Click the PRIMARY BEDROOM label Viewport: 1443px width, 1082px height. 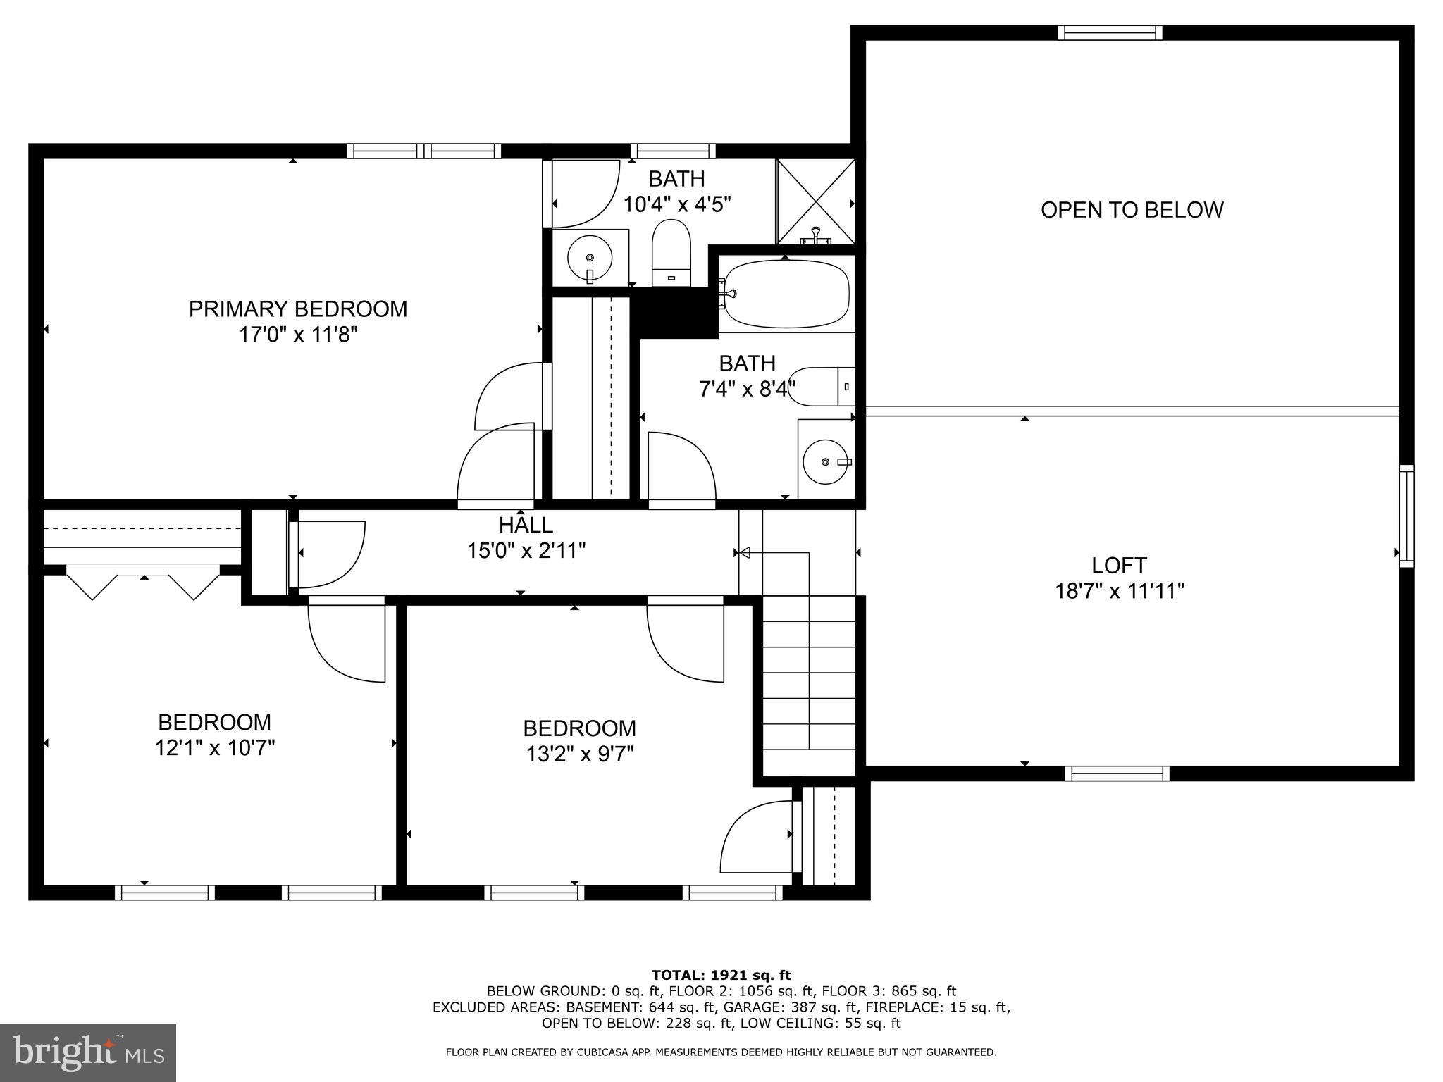[x=297, y=309]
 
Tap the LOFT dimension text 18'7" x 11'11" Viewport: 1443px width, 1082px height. [x=1119, y=591]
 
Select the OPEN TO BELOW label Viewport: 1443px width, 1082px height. [x=1132, y=210]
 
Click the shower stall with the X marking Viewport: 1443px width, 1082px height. [x=816, y=201]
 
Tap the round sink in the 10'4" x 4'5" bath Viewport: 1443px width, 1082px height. [x=589, y=257]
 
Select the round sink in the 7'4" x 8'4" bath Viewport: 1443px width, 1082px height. [x=825, y=461]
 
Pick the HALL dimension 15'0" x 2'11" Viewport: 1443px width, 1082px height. [x=526, y=551]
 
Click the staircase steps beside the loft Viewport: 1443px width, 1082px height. [x=809, y=683]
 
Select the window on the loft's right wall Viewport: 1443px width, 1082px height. [x=1406, y=516]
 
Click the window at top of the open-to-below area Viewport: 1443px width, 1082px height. [x=1110, y=32]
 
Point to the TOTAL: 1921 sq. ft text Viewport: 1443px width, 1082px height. [x=721, y=976]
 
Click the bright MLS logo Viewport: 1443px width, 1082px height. [x=88, y=1052]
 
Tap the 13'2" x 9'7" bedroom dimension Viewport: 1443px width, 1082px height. [x=579, y=754]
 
